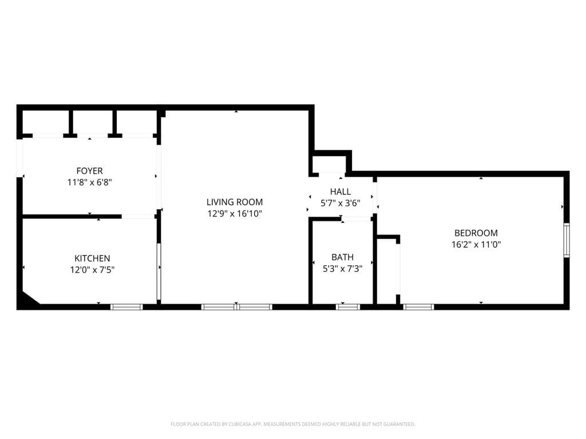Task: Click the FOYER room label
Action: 89,171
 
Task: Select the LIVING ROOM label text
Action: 235,202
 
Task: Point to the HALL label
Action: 340,191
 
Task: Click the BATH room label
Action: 342,257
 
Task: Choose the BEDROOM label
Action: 476,233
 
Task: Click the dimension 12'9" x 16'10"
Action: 235,214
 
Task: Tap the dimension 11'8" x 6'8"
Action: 89,182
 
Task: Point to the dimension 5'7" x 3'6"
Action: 340,203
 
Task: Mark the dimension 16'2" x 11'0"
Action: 476,244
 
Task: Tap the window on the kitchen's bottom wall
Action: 126,307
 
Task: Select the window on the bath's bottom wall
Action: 348,307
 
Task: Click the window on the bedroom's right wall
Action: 567,240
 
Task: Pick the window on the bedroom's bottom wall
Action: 419,307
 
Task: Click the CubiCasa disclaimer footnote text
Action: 293,424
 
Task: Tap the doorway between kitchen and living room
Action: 159,272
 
